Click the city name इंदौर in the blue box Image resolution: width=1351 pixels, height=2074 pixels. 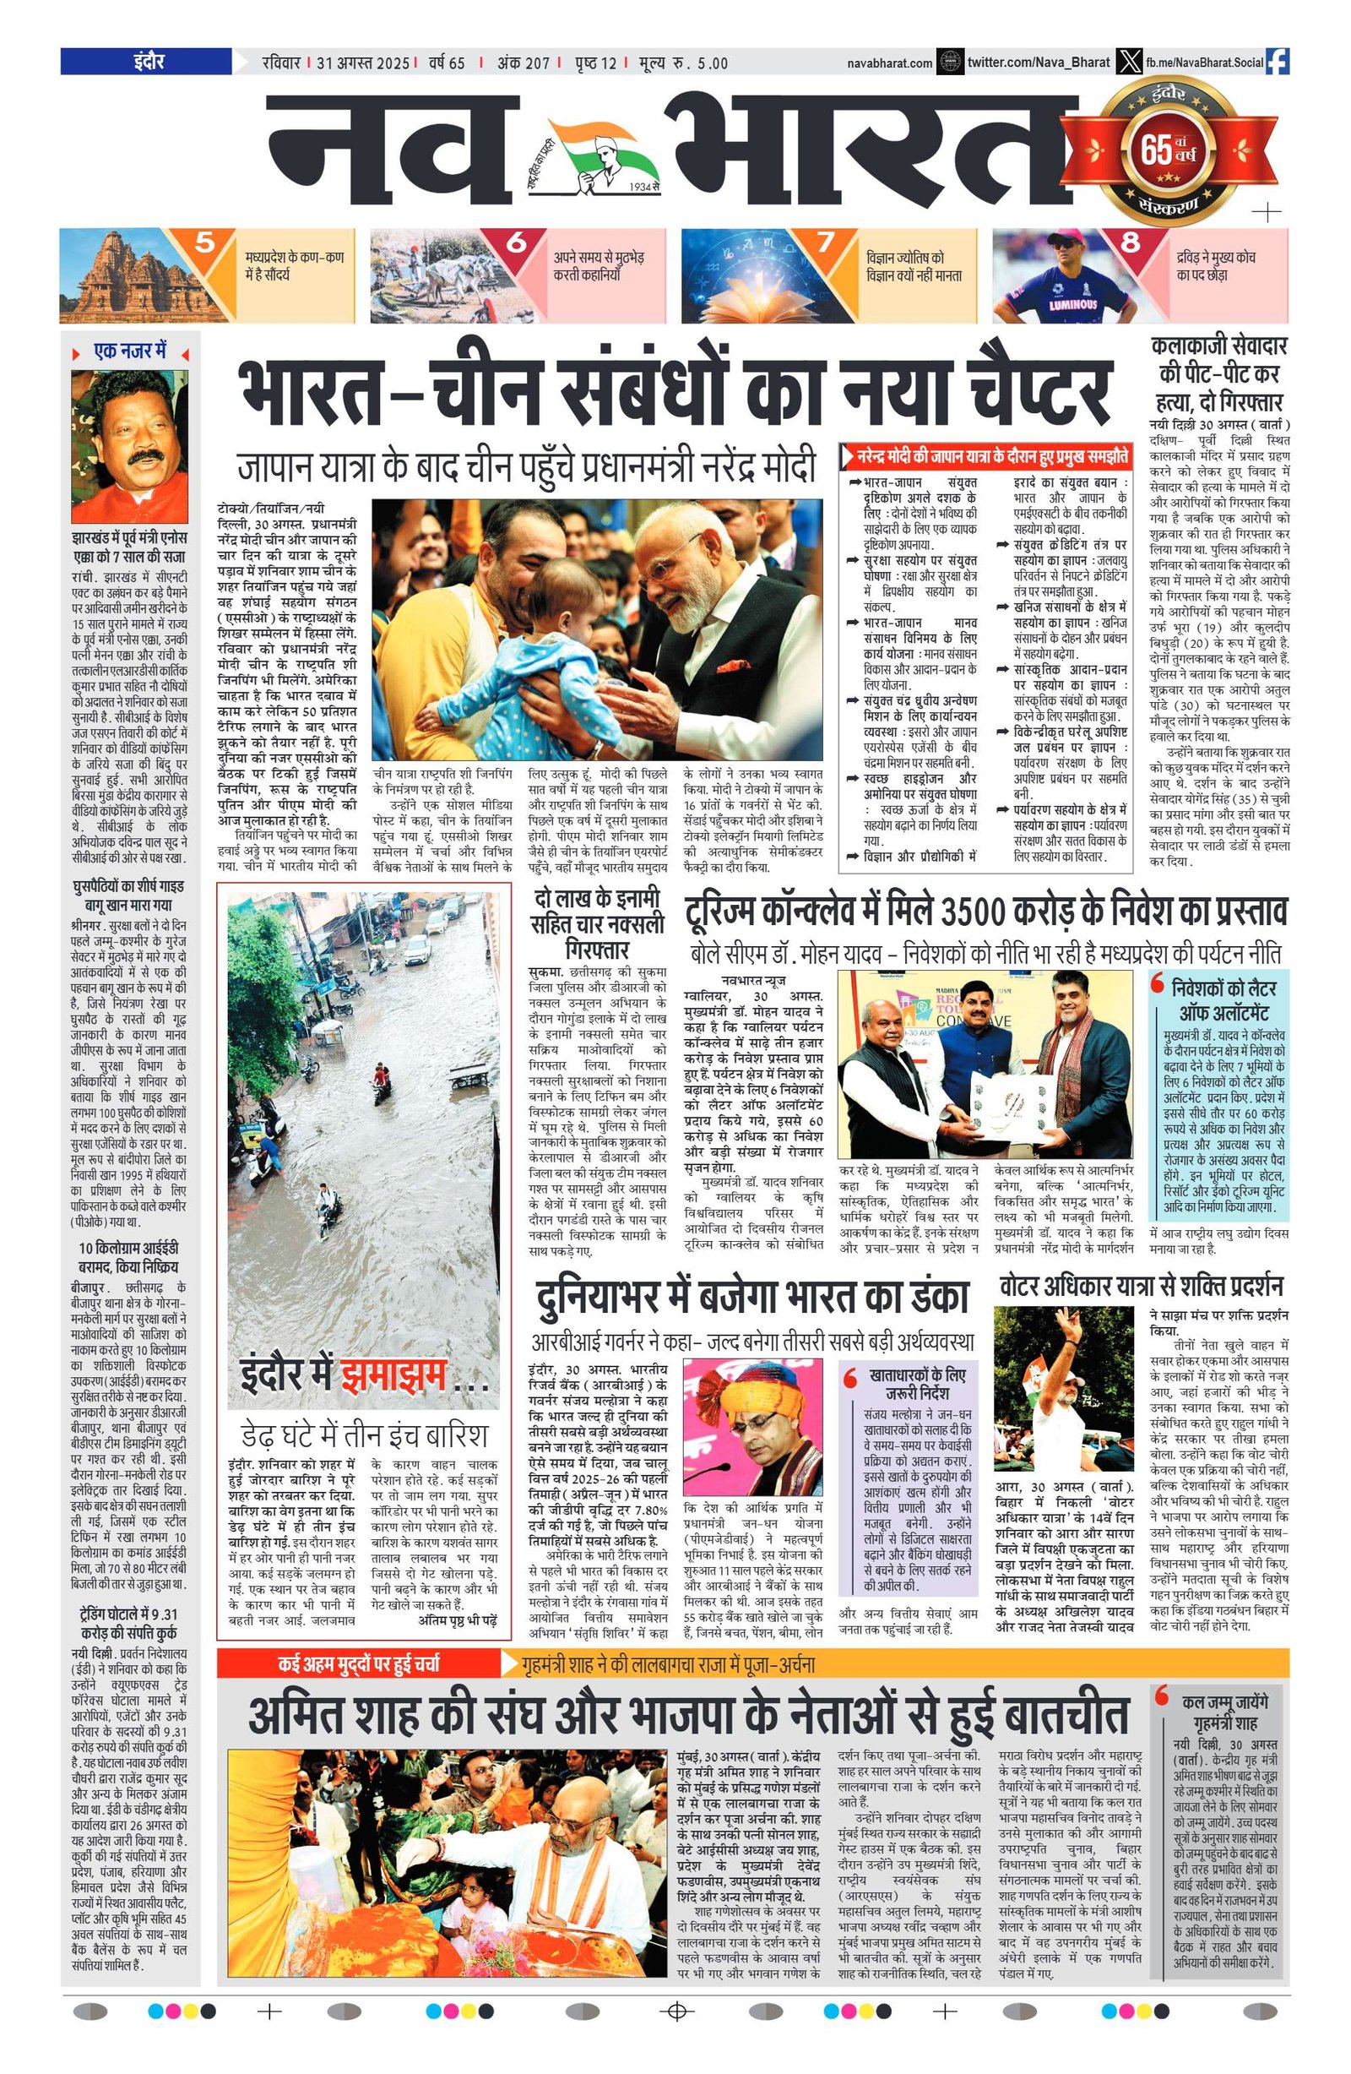click(149, 62)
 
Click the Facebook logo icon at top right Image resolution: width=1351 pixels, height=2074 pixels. click(1277, 62)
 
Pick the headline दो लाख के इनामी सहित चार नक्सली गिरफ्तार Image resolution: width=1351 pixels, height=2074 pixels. click(597, 924)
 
